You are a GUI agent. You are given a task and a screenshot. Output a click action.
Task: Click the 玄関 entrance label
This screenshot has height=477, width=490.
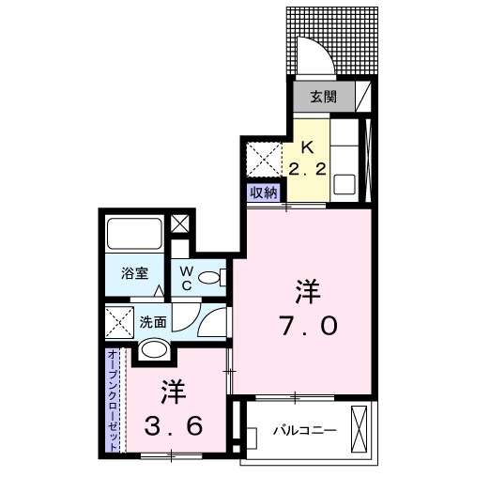coord(314,95)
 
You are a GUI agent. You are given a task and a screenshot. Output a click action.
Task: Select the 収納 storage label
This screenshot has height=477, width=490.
coord(264,192)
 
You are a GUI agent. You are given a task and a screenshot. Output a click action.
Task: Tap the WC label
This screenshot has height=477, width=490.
coord(186,277)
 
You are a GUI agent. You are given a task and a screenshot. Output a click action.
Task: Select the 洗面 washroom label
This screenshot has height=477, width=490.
coord(154,321)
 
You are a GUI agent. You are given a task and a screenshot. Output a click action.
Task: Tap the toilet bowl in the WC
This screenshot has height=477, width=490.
coord(216,278)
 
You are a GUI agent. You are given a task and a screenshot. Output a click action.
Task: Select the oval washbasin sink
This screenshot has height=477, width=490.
coord(155,351)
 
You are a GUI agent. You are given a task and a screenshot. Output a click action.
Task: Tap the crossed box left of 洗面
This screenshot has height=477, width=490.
coord(119,323)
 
